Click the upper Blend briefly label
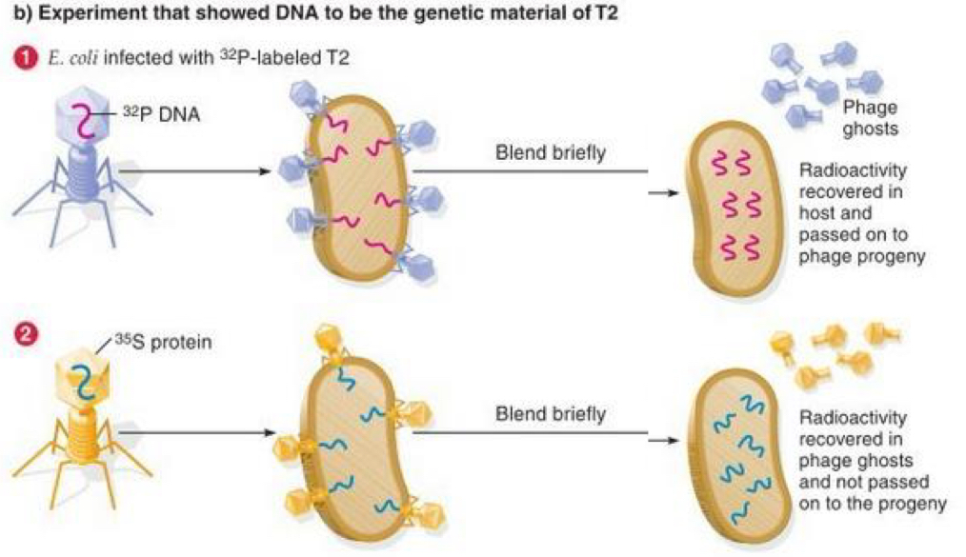click(550, 153)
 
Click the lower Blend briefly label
click(550, 414)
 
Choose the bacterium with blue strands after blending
click(741, 456)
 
